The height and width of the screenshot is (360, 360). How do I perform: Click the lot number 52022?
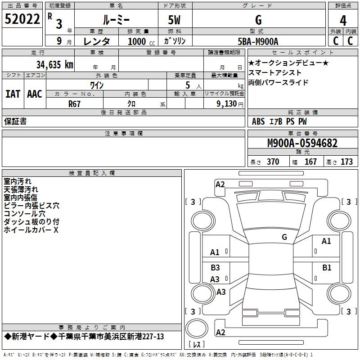(x=22, y=19)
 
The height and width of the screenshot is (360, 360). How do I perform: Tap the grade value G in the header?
(x=258, y=20)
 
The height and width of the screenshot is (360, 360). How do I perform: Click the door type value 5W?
(x=175, y=20)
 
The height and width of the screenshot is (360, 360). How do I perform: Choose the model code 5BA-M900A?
(x=258, y=41)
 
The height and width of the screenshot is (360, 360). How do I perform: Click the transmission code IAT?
(x=13, y=94)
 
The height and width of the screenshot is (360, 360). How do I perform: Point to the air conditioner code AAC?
(x=35, y=94)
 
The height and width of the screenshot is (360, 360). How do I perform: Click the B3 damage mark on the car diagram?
(x=215, y=268)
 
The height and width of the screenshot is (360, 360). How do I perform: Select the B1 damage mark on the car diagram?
(x=327, y=268)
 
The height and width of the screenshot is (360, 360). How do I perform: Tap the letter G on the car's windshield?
(x=284, y=237)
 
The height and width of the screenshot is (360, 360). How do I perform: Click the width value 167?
(x=310, y=162)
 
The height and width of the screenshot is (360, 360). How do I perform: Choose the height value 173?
(x=346, y=162)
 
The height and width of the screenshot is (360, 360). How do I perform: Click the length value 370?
(x=273, y=162)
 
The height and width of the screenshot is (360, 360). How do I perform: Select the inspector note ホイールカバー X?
(x=31, y=230)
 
